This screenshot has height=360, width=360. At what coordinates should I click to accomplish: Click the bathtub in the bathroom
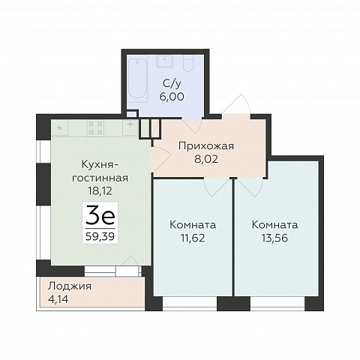point(137,78)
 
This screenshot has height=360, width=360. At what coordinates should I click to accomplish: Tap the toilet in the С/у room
point(188,63)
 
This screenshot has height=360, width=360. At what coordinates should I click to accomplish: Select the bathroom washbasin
point(164,61)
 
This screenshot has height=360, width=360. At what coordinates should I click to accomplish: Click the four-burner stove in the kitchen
point(95,128)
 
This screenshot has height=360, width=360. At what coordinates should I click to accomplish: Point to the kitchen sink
point(130,127)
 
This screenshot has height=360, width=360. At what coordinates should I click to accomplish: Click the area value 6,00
point(172,96)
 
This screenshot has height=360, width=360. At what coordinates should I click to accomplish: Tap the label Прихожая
point(206,146)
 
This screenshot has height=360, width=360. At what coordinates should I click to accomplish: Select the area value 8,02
point(206,159)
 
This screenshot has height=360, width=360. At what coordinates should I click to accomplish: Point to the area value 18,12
point(100,191)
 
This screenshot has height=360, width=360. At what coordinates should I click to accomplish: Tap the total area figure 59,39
point(100,236)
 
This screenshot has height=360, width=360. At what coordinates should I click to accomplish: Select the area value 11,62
point(193,238)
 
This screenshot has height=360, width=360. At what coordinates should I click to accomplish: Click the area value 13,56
point(274,238)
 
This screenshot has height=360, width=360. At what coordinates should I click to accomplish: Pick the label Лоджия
point(70,286)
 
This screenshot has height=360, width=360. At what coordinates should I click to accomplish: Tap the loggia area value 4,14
point(58,299)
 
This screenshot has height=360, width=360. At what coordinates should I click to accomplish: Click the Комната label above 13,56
point(274,225)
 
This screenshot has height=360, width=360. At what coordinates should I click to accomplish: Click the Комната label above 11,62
point(193,225)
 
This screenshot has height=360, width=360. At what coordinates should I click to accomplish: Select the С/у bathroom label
point(172,84)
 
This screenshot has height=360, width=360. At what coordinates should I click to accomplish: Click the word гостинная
point(100,178)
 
